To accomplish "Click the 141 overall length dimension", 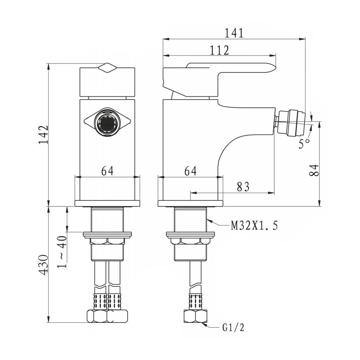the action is pyautogui.click(x=234, y=33).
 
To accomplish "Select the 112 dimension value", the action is pyautogui.click(x=220, y=50).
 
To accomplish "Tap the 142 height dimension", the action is pyautogui.click(x=43, y=135).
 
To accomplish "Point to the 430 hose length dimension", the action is pyautogui.click(x=43, y=265).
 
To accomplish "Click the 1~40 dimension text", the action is pyautogui.click(x=62, y=252).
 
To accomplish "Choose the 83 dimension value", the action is pyautogui.click(x=243, y=187).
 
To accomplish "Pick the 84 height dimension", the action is pyautogui.click(x=314, y=170).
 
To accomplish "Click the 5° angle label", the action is pyautogui.click(x=304, y=144).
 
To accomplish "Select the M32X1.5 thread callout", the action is pyautogui.click(x=254, y=226).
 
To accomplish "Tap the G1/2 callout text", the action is pyautogui.click(x=233, y=328).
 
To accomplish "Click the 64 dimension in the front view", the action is pyautogui.click(x=107, y=171).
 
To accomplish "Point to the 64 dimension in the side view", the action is pyautogui.click(x=190, y=171).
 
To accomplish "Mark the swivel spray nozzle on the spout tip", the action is pyautogui.click(x=291, y=122).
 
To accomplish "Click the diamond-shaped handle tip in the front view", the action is pyautogui.click(x=107, y=68).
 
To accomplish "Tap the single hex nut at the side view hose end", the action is pyautogui.click(x=195, y=316).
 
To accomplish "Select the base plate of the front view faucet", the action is pyautogui.click(x=107, y=204).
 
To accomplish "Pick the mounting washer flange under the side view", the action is pyautogui.click(x=190, y=235).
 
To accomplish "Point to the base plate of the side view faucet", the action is pyautogui.click(x=190, y=204).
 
